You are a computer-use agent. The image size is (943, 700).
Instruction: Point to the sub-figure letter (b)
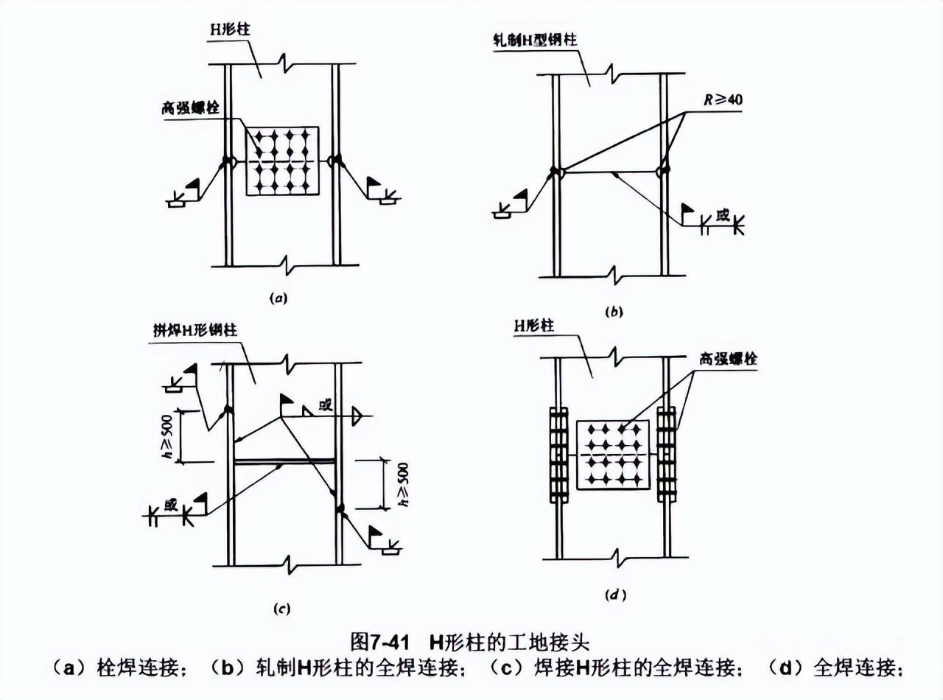coord(613,312)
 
